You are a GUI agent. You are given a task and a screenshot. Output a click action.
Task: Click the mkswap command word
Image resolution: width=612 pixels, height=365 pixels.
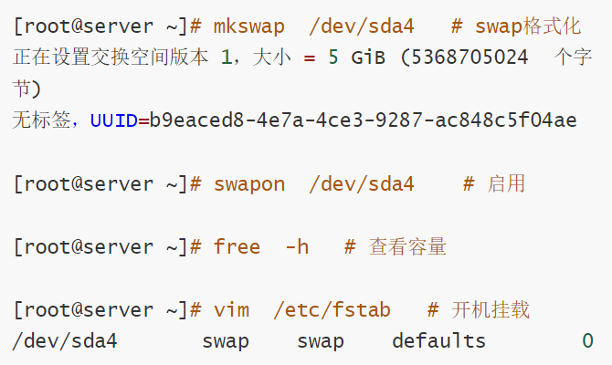(248, 26)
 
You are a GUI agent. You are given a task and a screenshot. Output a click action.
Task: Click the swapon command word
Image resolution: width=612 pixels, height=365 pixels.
(248, 183)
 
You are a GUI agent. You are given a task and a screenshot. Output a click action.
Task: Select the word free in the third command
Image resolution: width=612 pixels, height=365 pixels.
(237, 246)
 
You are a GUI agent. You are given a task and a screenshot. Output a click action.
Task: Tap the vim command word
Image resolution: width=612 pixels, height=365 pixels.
(231, 309)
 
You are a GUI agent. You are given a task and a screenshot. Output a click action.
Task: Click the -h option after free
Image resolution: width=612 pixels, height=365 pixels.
(296, 246)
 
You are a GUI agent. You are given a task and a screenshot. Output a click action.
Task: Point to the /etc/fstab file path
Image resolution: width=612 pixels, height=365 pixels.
(332, 309)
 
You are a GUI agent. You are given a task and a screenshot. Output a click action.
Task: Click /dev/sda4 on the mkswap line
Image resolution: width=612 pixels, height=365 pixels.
(362, 26)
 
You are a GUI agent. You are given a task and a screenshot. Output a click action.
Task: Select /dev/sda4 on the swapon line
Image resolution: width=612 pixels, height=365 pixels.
(362, 183)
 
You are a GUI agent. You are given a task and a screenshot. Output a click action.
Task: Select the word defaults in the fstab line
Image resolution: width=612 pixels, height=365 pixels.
(438, 341)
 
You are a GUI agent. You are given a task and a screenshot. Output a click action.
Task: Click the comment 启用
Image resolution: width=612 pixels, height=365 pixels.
(506, 183)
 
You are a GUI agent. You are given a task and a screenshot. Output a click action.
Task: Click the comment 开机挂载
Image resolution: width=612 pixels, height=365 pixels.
(491, 309)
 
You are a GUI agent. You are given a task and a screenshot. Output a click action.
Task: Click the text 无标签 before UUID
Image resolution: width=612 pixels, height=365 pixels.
(42, 120)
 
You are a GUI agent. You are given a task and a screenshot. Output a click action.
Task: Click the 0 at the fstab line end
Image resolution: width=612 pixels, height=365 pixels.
(587, 341)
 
